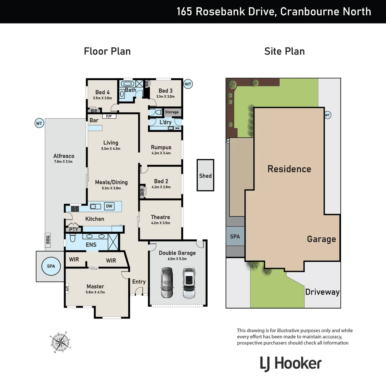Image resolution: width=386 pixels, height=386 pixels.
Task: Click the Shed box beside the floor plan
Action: tap(206, 175)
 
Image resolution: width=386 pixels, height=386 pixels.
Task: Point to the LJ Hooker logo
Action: tap(291, 364)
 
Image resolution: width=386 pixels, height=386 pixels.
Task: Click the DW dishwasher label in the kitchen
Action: tap(109, 206)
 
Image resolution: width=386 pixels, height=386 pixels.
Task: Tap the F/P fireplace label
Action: tap(107, 116)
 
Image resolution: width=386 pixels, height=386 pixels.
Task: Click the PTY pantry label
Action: tap(74, 229)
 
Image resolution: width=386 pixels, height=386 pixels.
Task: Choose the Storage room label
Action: tap(172, 112)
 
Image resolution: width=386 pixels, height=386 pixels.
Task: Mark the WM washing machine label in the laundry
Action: tap(177, 128)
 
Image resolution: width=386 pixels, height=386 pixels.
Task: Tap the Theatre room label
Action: tap(160, 217)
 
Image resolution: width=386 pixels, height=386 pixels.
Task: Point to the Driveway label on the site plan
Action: tap(322, 292)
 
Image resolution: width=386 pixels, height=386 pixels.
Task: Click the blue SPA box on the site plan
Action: tap(235, 236)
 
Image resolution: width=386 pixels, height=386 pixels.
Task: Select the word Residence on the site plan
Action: tap(289, 169)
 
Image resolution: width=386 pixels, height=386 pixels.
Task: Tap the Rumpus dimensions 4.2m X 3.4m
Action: tap(161, 153)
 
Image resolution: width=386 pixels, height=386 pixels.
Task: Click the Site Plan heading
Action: tap(284, 51)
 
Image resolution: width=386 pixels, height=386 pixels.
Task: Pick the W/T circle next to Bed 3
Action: tap(188, 84)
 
